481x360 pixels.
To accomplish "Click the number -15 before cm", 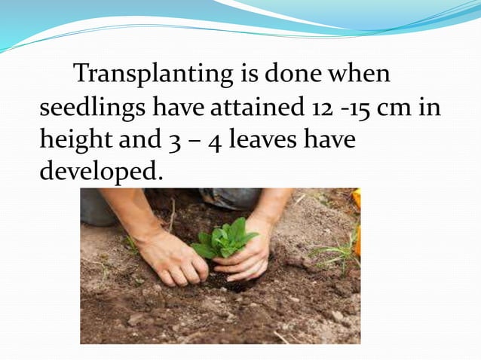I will [x=355, y=108].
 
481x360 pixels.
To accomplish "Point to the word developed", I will [x=100, y=172].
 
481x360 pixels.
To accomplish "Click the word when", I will [x=359, y=75].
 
